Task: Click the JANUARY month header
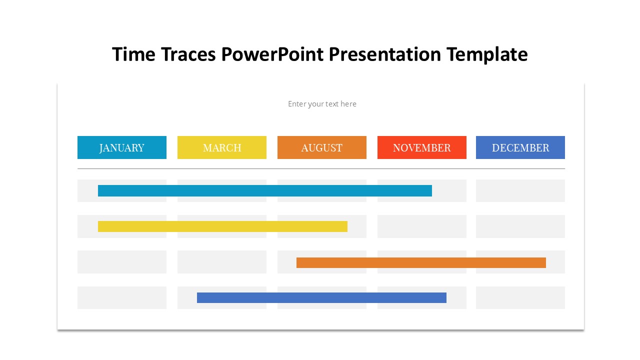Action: [121, 147]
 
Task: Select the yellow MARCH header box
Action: [222, 147]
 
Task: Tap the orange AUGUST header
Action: [322, 147]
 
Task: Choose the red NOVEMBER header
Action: [422, 147]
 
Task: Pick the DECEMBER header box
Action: [520, 147]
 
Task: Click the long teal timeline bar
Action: [265, 191]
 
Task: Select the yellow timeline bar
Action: [222, 226]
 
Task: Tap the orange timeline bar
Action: [421, 262]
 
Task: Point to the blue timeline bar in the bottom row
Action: [321, 297]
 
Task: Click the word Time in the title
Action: [133, 54]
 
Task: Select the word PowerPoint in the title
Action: [272, 54]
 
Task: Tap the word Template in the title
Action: [487, 55]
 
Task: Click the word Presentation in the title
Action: [385, 54]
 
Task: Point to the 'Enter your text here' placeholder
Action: [322, 104]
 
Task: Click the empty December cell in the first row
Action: [520, 191]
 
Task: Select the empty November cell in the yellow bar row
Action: [422, 226]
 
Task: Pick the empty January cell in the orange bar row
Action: [122, 262]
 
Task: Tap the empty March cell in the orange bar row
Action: [222, 262]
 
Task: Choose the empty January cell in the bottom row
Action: [122, 297]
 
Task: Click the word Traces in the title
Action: [188, 54]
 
